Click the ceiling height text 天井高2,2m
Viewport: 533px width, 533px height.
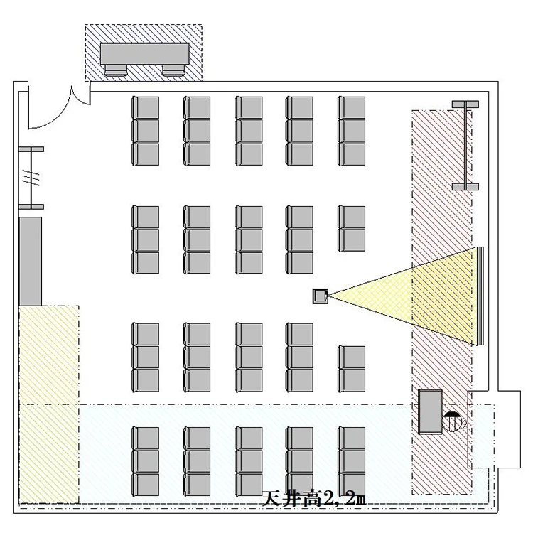pyautogui.click(x=314, y=500)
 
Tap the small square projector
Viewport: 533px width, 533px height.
pyautogui.click(x=321, y=296)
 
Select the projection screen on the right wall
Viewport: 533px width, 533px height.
pyautogui.click(x=480, y=296)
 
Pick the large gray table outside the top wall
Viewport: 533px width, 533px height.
pyautogui.click(x=144, y=53)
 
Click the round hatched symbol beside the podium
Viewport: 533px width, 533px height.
pyautogui.click(x=451, y=422)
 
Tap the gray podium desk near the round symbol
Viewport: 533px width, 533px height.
pyautogui.click(x=431, y=411)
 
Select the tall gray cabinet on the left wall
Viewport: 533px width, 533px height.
pyautogui.click(x=31, y=262)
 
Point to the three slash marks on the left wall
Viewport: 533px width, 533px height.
pyautogui.click(x=31, y=178)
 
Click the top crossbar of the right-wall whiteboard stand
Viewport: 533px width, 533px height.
pyautogui.click(x=465, y=104)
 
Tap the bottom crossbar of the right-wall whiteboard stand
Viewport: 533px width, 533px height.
pyautogui.click(x=465, y=187)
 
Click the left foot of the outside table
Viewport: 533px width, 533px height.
pyautogui.click(x=116, y=70)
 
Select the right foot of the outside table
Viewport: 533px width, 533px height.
pyautogui.click(x=173, y=70)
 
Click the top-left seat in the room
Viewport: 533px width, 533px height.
pyautogui.click(x=146, y=107)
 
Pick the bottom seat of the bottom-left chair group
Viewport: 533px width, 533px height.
pyautogui.click(x=146, y=485)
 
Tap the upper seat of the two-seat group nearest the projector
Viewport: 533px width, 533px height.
pyautogui.click(x=352, y=217)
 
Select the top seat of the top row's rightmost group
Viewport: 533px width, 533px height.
pyautogui.click(x=352, y=107)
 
